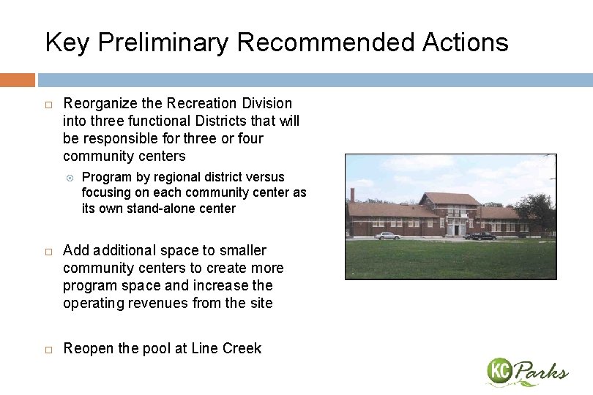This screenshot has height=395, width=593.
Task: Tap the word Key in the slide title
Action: (67, 42)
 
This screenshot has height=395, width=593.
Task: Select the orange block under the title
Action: (17, 80)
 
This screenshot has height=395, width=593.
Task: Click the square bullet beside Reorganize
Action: (48, 104)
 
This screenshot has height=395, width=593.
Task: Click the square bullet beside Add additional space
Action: (48, 251)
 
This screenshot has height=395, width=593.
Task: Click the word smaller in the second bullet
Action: (242, 250)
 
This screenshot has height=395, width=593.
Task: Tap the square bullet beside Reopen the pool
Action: (48, 349)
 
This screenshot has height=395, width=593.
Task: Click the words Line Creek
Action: (226, 348)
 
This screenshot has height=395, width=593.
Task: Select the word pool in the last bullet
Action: (155, 348)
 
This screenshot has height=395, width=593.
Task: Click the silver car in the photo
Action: (387, 236)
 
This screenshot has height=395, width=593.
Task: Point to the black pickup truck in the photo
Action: (482, 236)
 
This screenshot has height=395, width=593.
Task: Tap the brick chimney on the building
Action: (352, 195)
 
